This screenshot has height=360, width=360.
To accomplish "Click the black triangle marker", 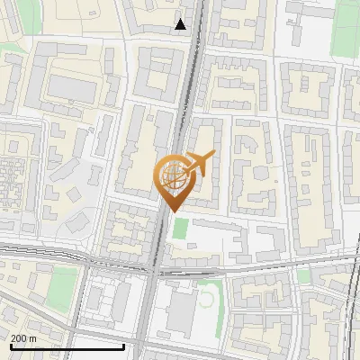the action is click(181, 24).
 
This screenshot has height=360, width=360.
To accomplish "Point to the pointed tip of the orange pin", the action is click(172, 210).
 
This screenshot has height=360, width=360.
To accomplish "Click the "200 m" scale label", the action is click(23, 338).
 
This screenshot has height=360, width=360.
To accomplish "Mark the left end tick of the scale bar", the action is click(11, 346).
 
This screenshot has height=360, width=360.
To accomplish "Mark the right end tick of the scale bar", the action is click(124, 346).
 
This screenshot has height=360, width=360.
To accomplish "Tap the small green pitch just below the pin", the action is click(181, 229).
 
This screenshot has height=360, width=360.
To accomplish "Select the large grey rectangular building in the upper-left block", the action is click(72, 87).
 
